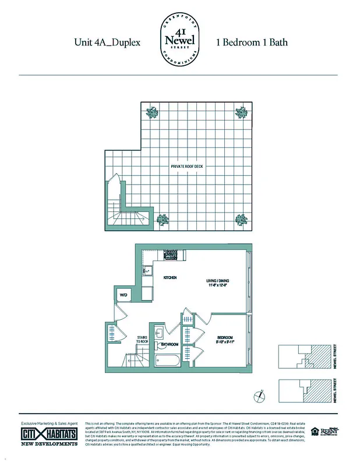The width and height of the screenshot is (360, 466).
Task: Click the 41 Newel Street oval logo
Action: tap(179, 43)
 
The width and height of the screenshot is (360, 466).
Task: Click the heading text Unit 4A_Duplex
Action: tap(107, 43)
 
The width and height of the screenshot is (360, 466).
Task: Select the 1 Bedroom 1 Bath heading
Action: tap(252, 43)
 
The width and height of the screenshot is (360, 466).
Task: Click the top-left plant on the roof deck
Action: tap(153, 112)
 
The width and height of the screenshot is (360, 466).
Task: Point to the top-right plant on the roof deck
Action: tap(240, 112)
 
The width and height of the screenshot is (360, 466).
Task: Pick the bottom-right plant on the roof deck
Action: tap(240, 220)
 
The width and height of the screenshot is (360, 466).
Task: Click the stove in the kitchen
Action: tap(171, 255)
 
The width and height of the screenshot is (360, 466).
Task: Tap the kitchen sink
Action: tap(147, 271)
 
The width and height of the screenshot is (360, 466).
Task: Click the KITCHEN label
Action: tap(170, 278)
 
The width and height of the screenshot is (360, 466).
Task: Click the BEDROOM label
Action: tap(225, 338)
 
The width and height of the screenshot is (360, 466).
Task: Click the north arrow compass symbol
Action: tap(259, 398)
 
